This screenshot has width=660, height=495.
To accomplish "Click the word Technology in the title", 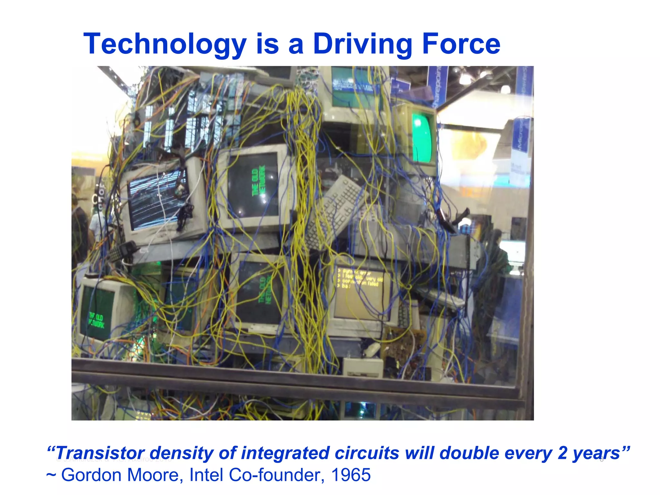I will [x=165, y=44].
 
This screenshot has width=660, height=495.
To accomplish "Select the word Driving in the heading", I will [x=362, y=44].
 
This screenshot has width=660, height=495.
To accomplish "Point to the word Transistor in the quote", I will [x=100, y=453].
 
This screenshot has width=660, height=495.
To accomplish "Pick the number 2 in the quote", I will [x=562, y=453].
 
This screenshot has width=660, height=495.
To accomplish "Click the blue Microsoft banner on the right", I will [x=521, y=135].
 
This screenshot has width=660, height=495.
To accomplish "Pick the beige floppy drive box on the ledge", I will [x=363, y=367].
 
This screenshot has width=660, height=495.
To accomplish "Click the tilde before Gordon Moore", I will [x=51, y=476].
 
